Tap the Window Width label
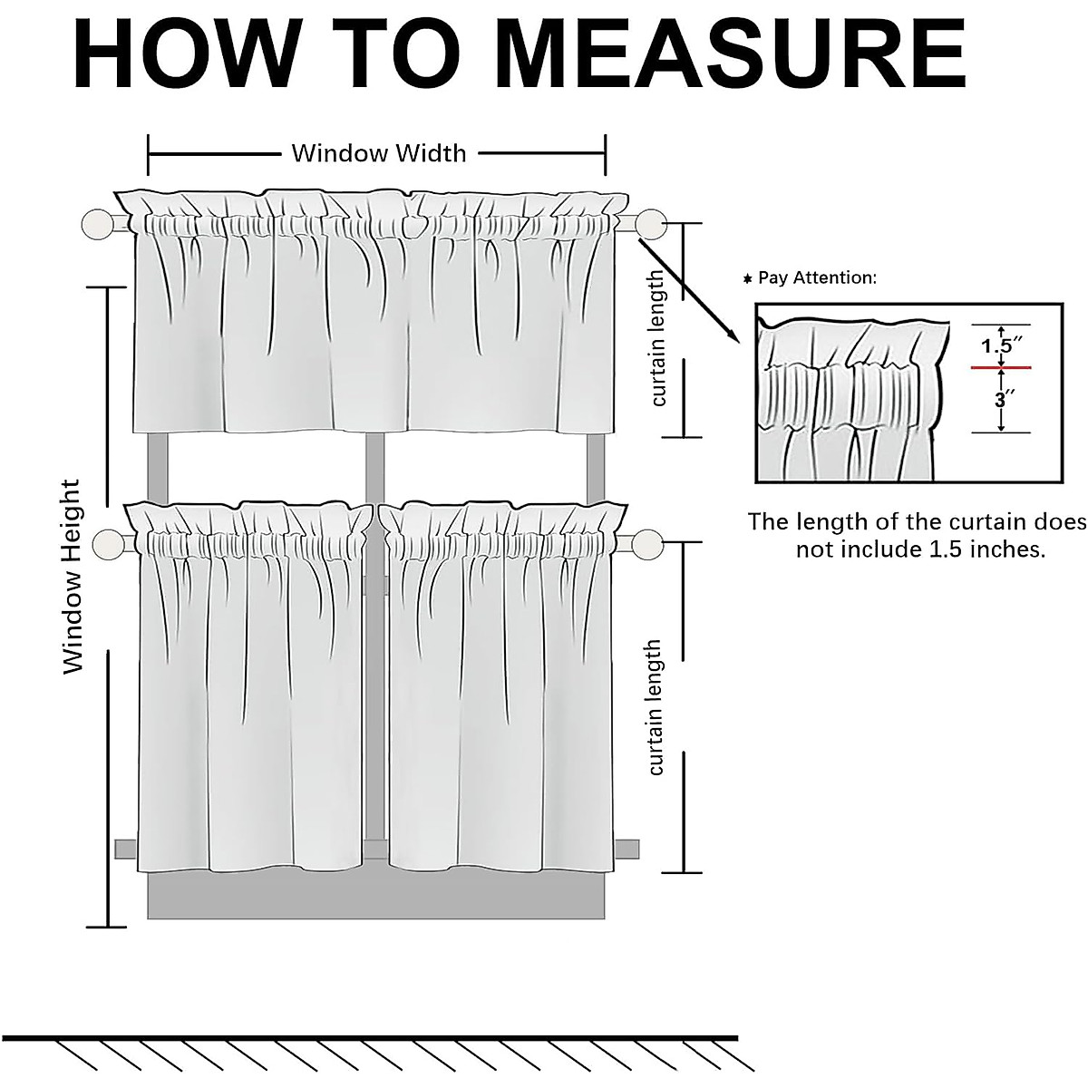[x=378, y=152]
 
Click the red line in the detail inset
[x=1001, y=367]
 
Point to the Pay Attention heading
[x=816, y=277]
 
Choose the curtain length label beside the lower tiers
[x=655, y=707]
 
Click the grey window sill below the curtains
[x=376, y=898]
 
